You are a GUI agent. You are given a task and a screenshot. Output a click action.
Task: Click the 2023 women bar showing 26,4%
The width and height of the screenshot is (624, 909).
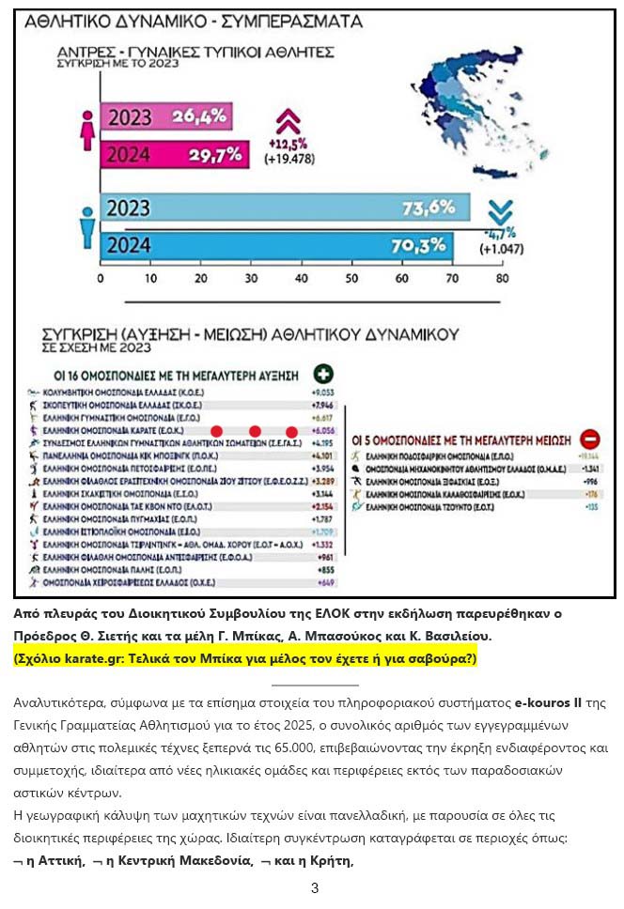(x=165, y=116)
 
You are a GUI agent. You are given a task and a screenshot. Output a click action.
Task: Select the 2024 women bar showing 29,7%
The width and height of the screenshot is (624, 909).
(x=175, y=153)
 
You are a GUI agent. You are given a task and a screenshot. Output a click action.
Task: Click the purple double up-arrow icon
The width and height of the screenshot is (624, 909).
(x=287, y=120)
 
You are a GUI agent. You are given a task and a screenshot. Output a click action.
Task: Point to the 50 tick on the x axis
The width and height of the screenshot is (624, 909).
(x=351, y=279)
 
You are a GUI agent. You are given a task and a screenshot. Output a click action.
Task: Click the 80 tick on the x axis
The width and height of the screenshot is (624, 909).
(x=502, y=279)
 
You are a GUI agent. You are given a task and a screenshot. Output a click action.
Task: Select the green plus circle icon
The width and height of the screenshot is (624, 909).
(x=323, y=373)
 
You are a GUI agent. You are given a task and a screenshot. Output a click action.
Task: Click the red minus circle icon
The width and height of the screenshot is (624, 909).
(x=590, y=438)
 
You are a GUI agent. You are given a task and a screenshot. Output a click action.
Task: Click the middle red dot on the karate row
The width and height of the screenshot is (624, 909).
(x=254, y=429)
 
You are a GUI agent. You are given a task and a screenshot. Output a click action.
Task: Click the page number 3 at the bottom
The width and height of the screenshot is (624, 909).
(x=315, y=888)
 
